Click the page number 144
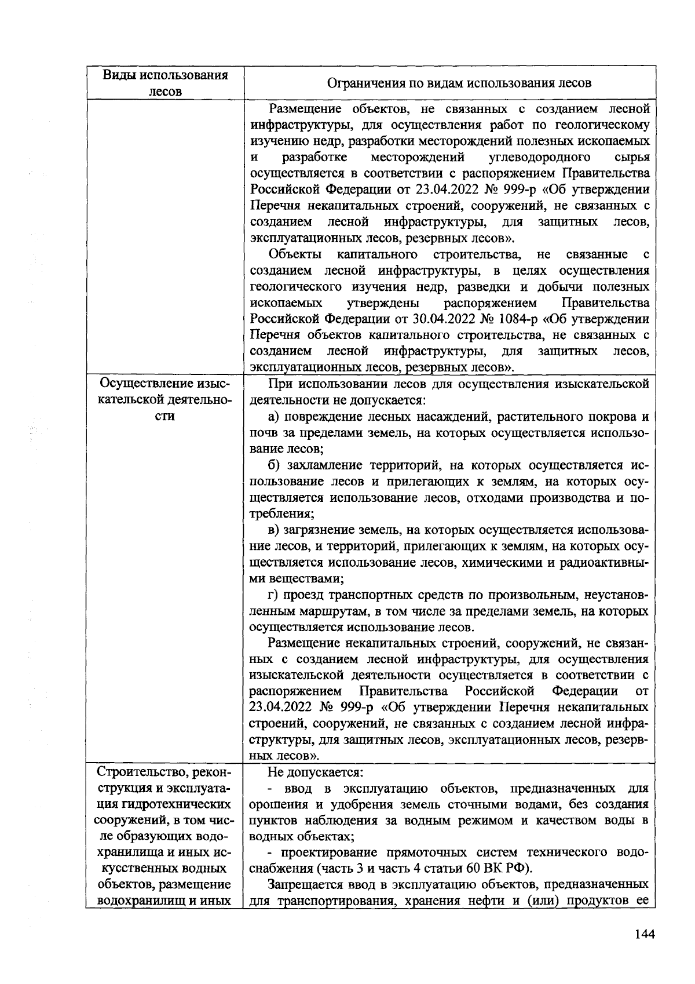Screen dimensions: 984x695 point(644,934)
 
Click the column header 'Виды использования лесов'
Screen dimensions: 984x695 point(165,83)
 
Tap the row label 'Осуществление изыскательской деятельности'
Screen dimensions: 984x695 point(165,400)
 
